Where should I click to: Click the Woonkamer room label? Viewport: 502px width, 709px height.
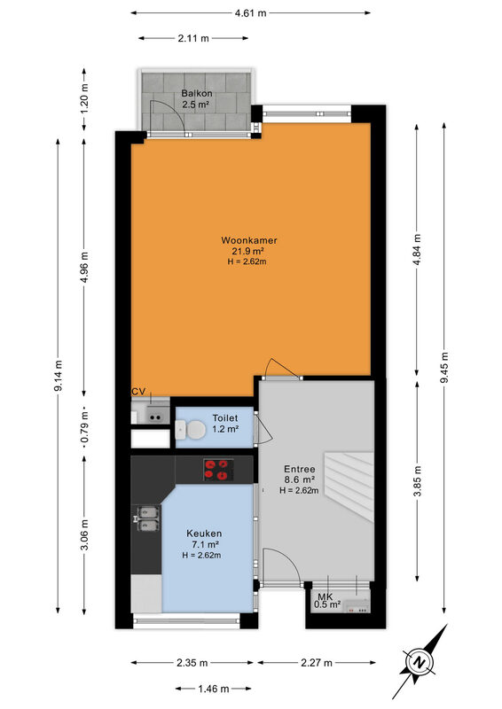(x=248, y=240)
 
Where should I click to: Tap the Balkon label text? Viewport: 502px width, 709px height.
(x=197, y=94)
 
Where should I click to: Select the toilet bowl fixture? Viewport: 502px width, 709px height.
(x=191, y=429)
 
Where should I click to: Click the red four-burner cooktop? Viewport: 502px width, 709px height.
(x=218, y=470)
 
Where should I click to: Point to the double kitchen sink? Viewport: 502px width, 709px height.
(x=148, y=518)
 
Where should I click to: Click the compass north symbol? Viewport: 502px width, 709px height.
(x=420, y=662)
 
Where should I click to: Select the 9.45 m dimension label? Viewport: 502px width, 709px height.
(x=444, y=368)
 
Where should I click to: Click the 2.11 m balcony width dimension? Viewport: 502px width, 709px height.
(x=193, y=38)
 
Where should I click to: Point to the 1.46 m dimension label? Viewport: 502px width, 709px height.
(x=214, y=690)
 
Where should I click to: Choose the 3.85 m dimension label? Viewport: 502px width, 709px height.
(x=418, y=481)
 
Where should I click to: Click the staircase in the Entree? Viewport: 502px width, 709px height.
(x=350, y=487)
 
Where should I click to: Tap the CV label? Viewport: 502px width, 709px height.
(x=138, y=392)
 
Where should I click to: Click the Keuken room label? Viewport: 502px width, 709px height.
(x=204, y=534)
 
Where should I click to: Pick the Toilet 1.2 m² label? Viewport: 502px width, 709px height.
(x=225, y=424)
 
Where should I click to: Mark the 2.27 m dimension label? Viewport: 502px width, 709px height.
(x=317, y=663)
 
